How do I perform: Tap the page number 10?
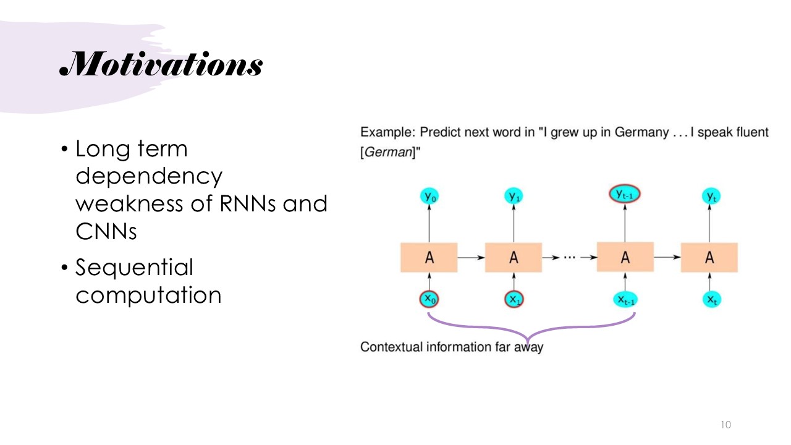point(725,425)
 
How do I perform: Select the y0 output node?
point(430,196)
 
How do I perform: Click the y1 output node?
point(514,196)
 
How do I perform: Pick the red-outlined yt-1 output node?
point(625,195)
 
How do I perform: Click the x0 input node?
point(430,299)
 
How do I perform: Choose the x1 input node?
point(514,299)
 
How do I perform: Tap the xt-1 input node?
point(626,300)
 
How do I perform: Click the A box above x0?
point(429,258)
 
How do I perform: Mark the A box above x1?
point(513,258)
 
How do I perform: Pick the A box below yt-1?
point(625,257)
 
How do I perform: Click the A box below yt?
point(709,258)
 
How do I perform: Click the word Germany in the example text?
point(641,133)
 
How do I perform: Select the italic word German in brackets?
point(387,152)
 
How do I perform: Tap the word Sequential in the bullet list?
point(134,268)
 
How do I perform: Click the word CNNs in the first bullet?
point(106,231)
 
